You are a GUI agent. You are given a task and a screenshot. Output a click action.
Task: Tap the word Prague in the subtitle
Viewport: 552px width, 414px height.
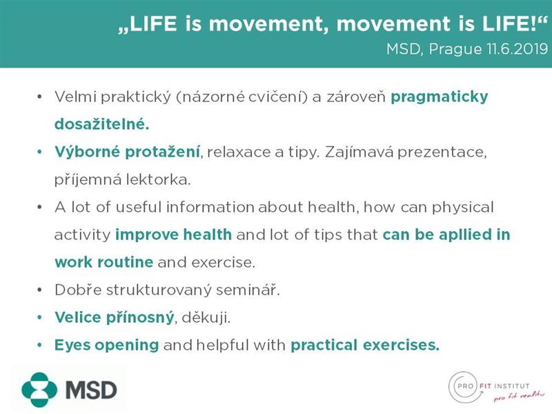(455, 49)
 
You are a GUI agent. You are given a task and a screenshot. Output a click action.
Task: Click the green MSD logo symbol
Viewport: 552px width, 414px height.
(39, 390)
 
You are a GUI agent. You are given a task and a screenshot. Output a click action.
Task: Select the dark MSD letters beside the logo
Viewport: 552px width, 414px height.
(91, 390)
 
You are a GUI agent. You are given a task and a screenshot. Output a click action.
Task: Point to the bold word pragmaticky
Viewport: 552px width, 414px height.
(440, 97)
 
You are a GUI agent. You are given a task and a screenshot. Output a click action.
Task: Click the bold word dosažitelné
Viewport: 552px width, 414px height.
(101, 124)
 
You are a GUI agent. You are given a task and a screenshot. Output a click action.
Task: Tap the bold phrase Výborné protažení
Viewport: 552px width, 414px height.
(127, 152)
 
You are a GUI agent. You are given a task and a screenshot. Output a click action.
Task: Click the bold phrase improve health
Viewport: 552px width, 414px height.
(174, 235)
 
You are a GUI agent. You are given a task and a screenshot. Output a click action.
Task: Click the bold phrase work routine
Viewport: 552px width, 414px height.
(104, 262)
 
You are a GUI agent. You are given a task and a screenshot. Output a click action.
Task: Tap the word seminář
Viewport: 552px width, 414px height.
(248, 290)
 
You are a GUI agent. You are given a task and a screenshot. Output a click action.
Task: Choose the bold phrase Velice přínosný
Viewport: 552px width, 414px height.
(114, 317)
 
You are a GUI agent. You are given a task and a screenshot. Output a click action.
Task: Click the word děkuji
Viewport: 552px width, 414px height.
(206, 317)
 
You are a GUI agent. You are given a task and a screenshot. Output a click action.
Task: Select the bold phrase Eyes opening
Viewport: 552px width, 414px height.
(107, 345)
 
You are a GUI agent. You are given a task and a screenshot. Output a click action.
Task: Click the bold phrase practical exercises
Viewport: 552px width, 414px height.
(365, 345)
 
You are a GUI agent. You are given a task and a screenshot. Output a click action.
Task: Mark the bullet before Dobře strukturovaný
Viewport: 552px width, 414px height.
(39, 290)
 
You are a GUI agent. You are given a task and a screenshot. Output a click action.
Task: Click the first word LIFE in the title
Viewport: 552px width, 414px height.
(153, 23)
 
